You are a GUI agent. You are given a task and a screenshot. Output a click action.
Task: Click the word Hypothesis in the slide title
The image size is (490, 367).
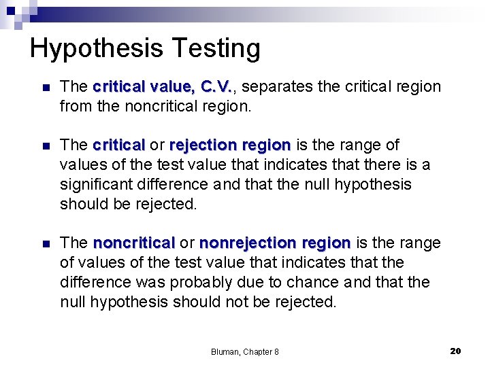95,49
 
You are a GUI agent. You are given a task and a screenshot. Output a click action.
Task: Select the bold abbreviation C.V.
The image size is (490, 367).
216,87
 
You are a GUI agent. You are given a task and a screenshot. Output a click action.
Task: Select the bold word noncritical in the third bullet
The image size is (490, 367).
134,243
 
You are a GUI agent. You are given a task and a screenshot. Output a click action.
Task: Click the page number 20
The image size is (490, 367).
456,351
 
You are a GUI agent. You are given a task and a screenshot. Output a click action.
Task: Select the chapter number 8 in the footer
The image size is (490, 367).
276,351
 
